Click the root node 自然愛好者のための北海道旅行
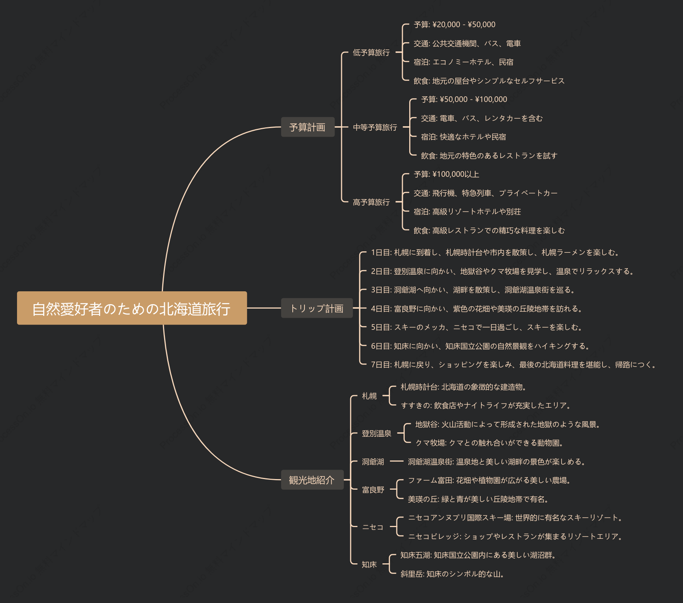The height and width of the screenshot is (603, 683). point(132,308)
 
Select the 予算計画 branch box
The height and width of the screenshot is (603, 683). point(307,127)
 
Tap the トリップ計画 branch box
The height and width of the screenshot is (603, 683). point(317,308)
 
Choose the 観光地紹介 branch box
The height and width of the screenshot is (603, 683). point(312,480)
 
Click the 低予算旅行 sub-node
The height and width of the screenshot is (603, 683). point(371,53)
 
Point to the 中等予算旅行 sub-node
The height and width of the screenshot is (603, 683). point(375,127)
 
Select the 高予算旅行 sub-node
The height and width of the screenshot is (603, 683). point(371,202)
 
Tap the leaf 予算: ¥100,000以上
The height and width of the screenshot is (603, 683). point(446,174)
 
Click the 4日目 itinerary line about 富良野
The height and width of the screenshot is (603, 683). point(476,309)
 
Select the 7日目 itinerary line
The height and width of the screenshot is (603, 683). point(513,365)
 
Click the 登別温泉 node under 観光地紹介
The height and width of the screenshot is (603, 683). point(376,433)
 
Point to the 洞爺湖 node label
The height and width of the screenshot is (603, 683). point(373,461)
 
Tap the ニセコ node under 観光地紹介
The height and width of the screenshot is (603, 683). point(373,527)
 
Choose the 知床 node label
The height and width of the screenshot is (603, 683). point(369,564)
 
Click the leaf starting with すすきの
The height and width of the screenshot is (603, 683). point(486,405)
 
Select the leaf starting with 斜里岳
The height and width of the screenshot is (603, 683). point(452,574)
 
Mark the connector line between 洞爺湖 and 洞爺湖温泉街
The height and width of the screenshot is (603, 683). point(397,461)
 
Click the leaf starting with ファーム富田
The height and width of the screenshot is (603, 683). point(489,480)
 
